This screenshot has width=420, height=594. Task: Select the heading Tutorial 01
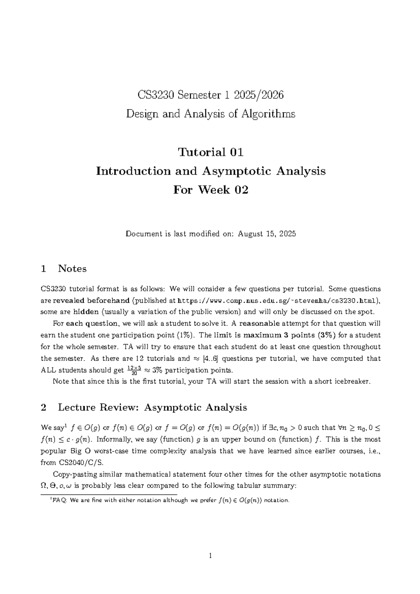(210, 152)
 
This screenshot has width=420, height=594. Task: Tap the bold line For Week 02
(210, 190)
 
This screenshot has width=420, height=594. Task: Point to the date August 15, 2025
(267, 234)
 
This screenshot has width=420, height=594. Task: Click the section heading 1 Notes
(64, 269)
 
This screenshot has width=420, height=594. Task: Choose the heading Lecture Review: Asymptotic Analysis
(152, 408)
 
